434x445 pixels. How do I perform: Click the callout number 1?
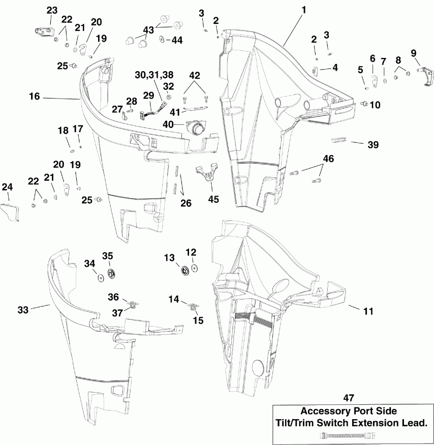click(303, 10)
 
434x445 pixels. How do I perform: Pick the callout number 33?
click(23, 308)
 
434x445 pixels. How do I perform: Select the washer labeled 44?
click(162, 40)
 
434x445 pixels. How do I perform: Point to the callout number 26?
click(185, 204)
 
